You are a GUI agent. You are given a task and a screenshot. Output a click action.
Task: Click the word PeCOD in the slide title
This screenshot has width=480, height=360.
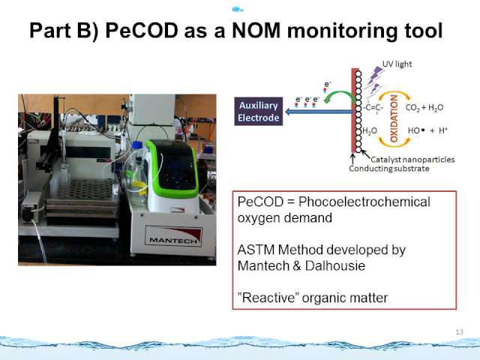click(142, 31)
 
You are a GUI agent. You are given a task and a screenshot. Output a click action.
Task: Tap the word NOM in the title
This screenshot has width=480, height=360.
click(256, 31)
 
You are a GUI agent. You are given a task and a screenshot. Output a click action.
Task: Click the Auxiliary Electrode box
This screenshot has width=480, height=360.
click(259, 112)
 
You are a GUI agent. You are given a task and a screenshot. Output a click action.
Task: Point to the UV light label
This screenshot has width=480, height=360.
click(397, 64)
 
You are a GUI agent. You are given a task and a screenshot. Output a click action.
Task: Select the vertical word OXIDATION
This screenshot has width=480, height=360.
click(394, 118)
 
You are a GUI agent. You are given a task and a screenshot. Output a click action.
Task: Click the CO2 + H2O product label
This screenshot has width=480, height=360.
click(424, 107)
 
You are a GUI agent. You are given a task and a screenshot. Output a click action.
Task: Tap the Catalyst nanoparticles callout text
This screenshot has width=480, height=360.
click(412, 160)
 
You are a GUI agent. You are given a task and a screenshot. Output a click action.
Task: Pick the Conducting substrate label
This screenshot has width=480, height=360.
click(389, 169)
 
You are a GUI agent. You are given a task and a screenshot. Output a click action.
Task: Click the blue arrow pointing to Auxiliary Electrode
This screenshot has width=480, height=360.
click(318, 112)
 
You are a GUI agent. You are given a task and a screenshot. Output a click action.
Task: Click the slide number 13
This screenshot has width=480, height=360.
click(460, 331)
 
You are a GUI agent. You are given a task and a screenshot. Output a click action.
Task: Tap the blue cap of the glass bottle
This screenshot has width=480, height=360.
click(137, 145)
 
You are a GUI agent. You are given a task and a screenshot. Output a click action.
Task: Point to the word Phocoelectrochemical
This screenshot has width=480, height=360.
click(364, 202)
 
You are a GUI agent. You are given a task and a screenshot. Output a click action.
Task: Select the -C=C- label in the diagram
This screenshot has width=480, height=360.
click(373, 107)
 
